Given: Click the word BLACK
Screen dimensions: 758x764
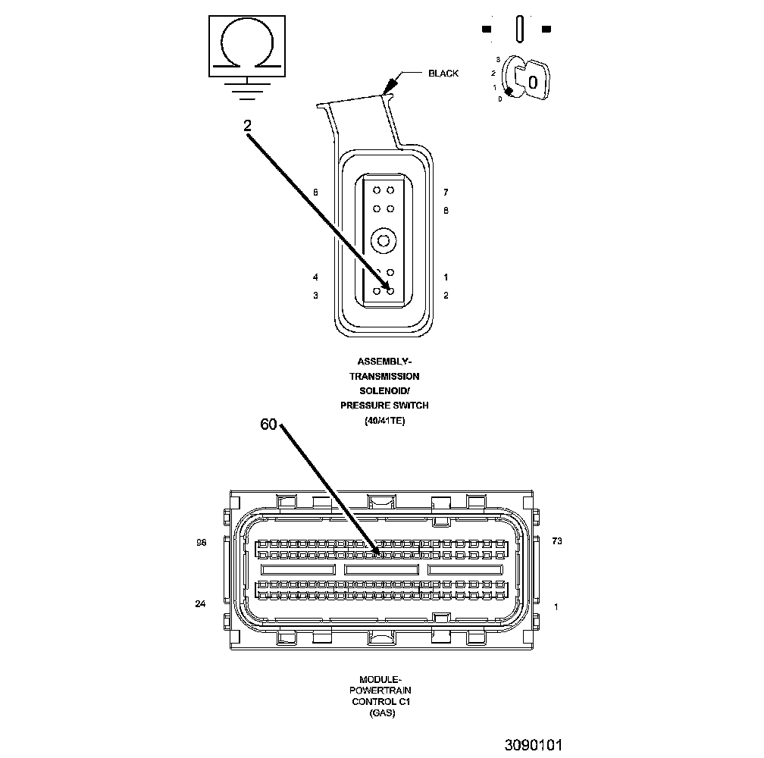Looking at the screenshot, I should (443, 74).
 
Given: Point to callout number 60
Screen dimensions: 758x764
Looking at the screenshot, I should (269, 424).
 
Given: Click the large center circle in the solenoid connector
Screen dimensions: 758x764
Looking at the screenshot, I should (384, 241).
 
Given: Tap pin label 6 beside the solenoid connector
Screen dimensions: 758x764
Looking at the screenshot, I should (315, 193).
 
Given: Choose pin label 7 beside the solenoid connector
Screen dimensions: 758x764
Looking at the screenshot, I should (446, 193).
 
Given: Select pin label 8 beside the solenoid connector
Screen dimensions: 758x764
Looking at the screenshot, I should (446, 210).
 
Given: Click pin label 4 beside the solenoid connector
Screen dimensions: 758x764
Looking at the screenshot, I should (315, 277).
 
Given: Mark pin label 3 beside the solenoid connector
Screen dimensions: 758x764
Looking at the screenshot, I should (315, 296).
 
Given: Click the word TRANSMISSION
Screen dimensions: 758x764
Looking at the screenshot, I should (384, 376).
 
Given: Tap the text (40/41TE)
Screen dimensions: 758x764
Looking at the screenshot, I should (384, 421).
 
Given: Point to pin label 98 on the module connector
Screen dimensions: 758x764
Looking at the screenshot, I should (201, 542).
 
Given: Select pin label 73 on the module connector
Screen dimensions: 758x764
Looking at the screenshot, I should (557, 541).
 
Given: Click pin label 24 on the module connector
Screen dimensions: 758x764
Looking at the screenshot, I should (200, 604).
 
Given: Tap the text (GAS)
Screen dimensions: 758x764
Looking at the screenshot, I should (382, 713).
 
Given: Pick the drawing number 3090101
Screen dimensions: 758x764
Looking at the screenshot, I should (534, 744).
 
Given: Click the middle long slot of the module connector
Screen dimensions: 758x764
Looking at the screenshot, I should (382, 568).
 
